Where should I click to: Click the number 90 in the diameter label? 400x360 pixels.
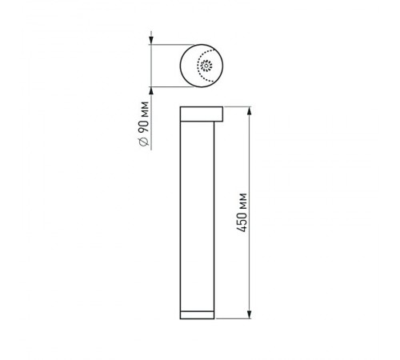[143, 123]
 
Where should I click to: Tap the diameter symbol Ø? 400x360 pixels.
[143, 141]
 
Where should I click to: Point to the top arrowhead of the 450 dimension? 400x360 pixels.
[250, 110]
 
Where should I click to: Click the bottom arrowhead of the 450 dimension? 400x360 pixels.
[250, 314]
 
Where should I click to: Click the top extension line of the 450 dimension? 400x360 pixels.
[240, 106]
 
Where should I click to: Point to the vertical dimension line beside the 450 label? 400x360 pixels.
[250, 264]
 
